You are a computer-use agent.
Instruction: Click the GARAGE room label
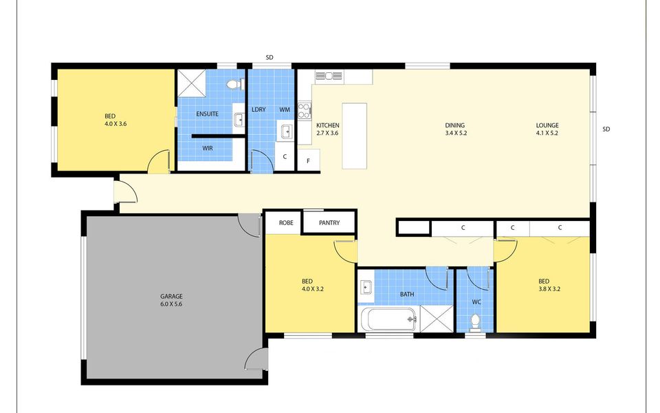point(171,296)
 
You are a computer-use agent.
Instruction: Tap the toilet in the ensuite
point(235,84)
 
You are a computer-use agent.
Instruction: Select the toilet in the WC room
point(475,321)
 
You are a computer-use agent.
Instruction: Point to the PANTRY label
point(329,222)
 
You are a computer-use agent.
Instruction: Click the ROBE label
point(286,222)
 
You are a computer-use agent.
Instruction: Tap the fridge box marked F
point(309,160)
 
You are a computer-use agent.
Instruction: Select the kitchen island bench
point(355,136)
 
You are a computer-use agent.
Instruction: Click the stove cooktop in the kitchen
point(305,110)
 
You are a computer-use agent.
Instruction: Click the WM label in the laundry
point(285,109)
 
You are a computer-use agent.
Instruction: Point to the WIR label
point(208,149)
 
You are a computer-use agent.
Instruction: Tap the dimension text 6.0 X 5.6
point(171,304)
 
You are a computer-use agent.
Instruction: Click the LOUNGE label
point(547,125)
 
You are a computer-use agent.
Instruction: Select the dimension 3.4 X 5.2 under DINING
point(456,133)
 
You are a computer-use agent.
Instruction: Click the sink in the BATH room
point(366,288)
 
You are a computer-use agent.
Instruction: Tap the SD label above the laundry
point(269,57)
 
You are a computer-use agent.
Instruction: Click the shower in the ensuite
point(192,83)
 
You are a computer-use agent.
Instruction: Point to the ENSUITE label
point(207,114)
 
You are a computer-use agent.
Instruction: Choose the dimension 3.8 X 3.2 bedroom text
point(549,289)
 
